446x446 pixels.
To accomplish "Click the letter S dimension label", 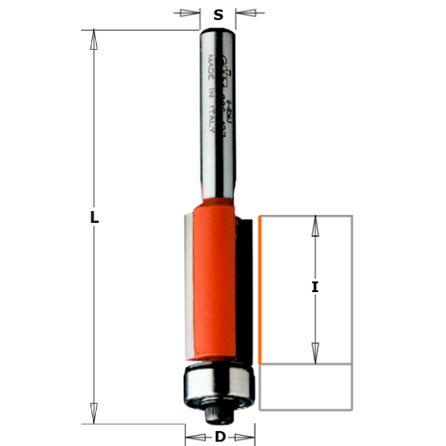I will click(219, 14).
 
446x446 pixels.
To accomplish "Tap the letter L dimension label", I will click(94, 218).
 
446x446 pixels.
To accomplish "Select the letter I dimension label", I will click(315, 287).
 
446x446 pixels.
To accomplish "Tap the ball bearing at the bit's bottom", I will click(219, 382).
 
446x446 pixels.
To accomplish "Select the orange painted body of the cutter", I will click(216, 282).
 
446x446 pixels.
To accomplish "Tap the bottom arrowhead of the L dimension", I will click(94, 413).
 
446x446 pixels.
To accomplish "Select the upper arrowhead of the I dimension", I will click(315, 226).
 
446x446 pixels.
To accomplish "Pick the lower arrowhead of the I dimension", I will click(315, 352).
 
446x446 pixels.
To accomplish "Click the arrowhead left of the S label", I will click(192, 13).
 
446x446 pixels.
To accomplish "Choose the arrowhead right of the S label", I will click(246, 13).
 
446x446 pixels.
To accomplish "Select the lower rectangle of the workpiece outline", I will click(306, 387).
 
